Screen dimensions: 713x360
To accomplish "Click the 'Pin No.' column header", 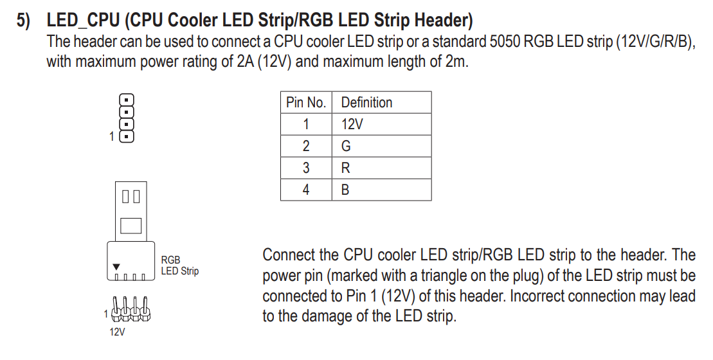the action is coord(306,102).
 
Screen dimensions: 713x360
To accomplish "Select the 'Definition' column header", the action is coord(366,102).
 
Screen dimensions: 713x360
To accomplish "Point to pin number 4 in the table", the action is coord(306,190).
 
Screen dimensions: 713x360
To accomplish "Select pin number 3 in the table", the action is coord(306,168).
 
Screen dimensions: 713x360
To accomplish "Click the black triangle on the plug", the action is coord(116,267).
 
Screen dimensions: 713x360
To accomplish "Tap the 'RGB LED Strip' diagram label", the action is coord(179,265).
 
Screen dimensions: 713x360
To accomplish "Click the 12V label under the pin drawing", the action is coord(117,332).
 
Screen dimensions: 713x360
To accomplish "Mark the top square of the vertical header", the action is coord(127,100).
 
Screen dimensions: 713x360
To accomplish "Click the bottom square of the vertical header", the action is coord(127,136).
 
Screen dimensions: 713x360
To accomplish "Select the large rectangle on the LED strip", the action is coord(131,226).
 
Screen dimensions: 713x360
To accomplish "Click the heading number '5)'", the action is coord(24,21).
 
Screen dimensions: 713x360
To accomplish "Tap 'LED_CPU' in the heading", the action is coord(83,21).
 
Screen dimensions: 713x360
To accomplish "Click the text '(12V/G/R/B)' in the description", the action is coord(655,41).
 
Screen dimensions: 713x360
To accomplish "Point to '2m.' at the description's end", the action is coord(456,61).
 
